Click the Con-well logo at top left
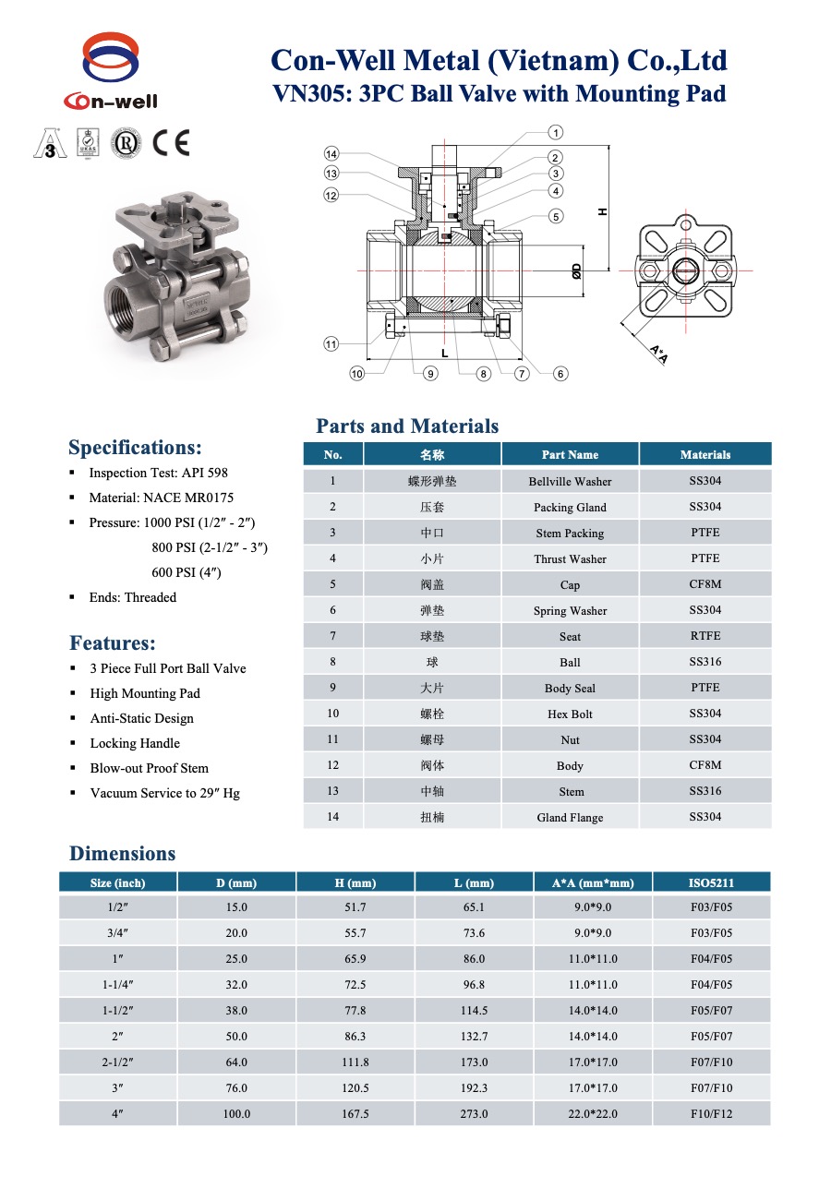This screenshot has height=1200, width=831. pyautogui.click(x=111, y=72)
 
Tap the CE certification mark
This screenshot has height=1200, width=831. pyautogui.click(x=171, y=143)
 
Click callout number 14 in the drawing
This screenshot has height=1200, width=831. pyautogui.click(x=331, y=153)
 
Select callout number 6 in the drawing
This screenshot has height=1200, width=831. pyautogui.click(x=560, y=374)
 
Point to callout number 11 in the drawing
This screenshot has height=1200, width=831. pyautogui.click(x=331, y=344)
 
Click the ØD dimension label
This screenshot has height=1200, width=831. pyautogui.click(x=575, y=270)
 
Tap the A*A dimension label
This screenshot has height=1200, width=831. pyautogui.click(x=658, y=354)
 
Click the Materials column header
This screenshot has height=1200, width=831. pyautogui.click(x=705, y=454)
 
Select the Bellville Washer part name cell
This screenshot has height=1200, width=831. pyautogui.click(x=570, y=481)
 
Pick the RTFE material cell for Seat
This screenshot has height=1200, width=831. pyautogui.click(x=705, y=636)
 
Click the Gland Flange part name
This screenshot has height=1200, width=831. pyautogui.click(x=570, y=817)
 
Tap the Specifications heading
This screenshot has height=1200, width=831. pyautogui.click(x=135, y=448)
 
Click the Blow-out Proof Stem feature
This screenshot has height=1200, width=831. pyautogui.click(x=149, y=768)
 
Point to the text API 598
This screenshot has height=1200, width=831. pyautogui.click(x=207, y=473)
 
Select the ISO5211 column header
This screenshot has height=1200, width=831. pyautogui.click(x=712, y=882)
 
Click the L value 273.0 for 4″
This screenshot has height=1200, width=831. pyautogui.click(x=474, y=1114)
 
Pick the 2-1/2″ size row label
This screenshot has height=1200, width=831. pyautogui.click(x=118, y=1062)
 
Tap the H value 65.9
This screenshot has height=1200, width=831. pyautogui.click(x=355, y=959)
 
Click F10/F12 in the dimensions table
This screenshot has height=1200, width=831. pyautogui.click(x=712, y=1114)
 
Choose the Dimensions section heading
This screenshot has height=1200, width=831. pyautogui.click(x=122, y=854)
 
